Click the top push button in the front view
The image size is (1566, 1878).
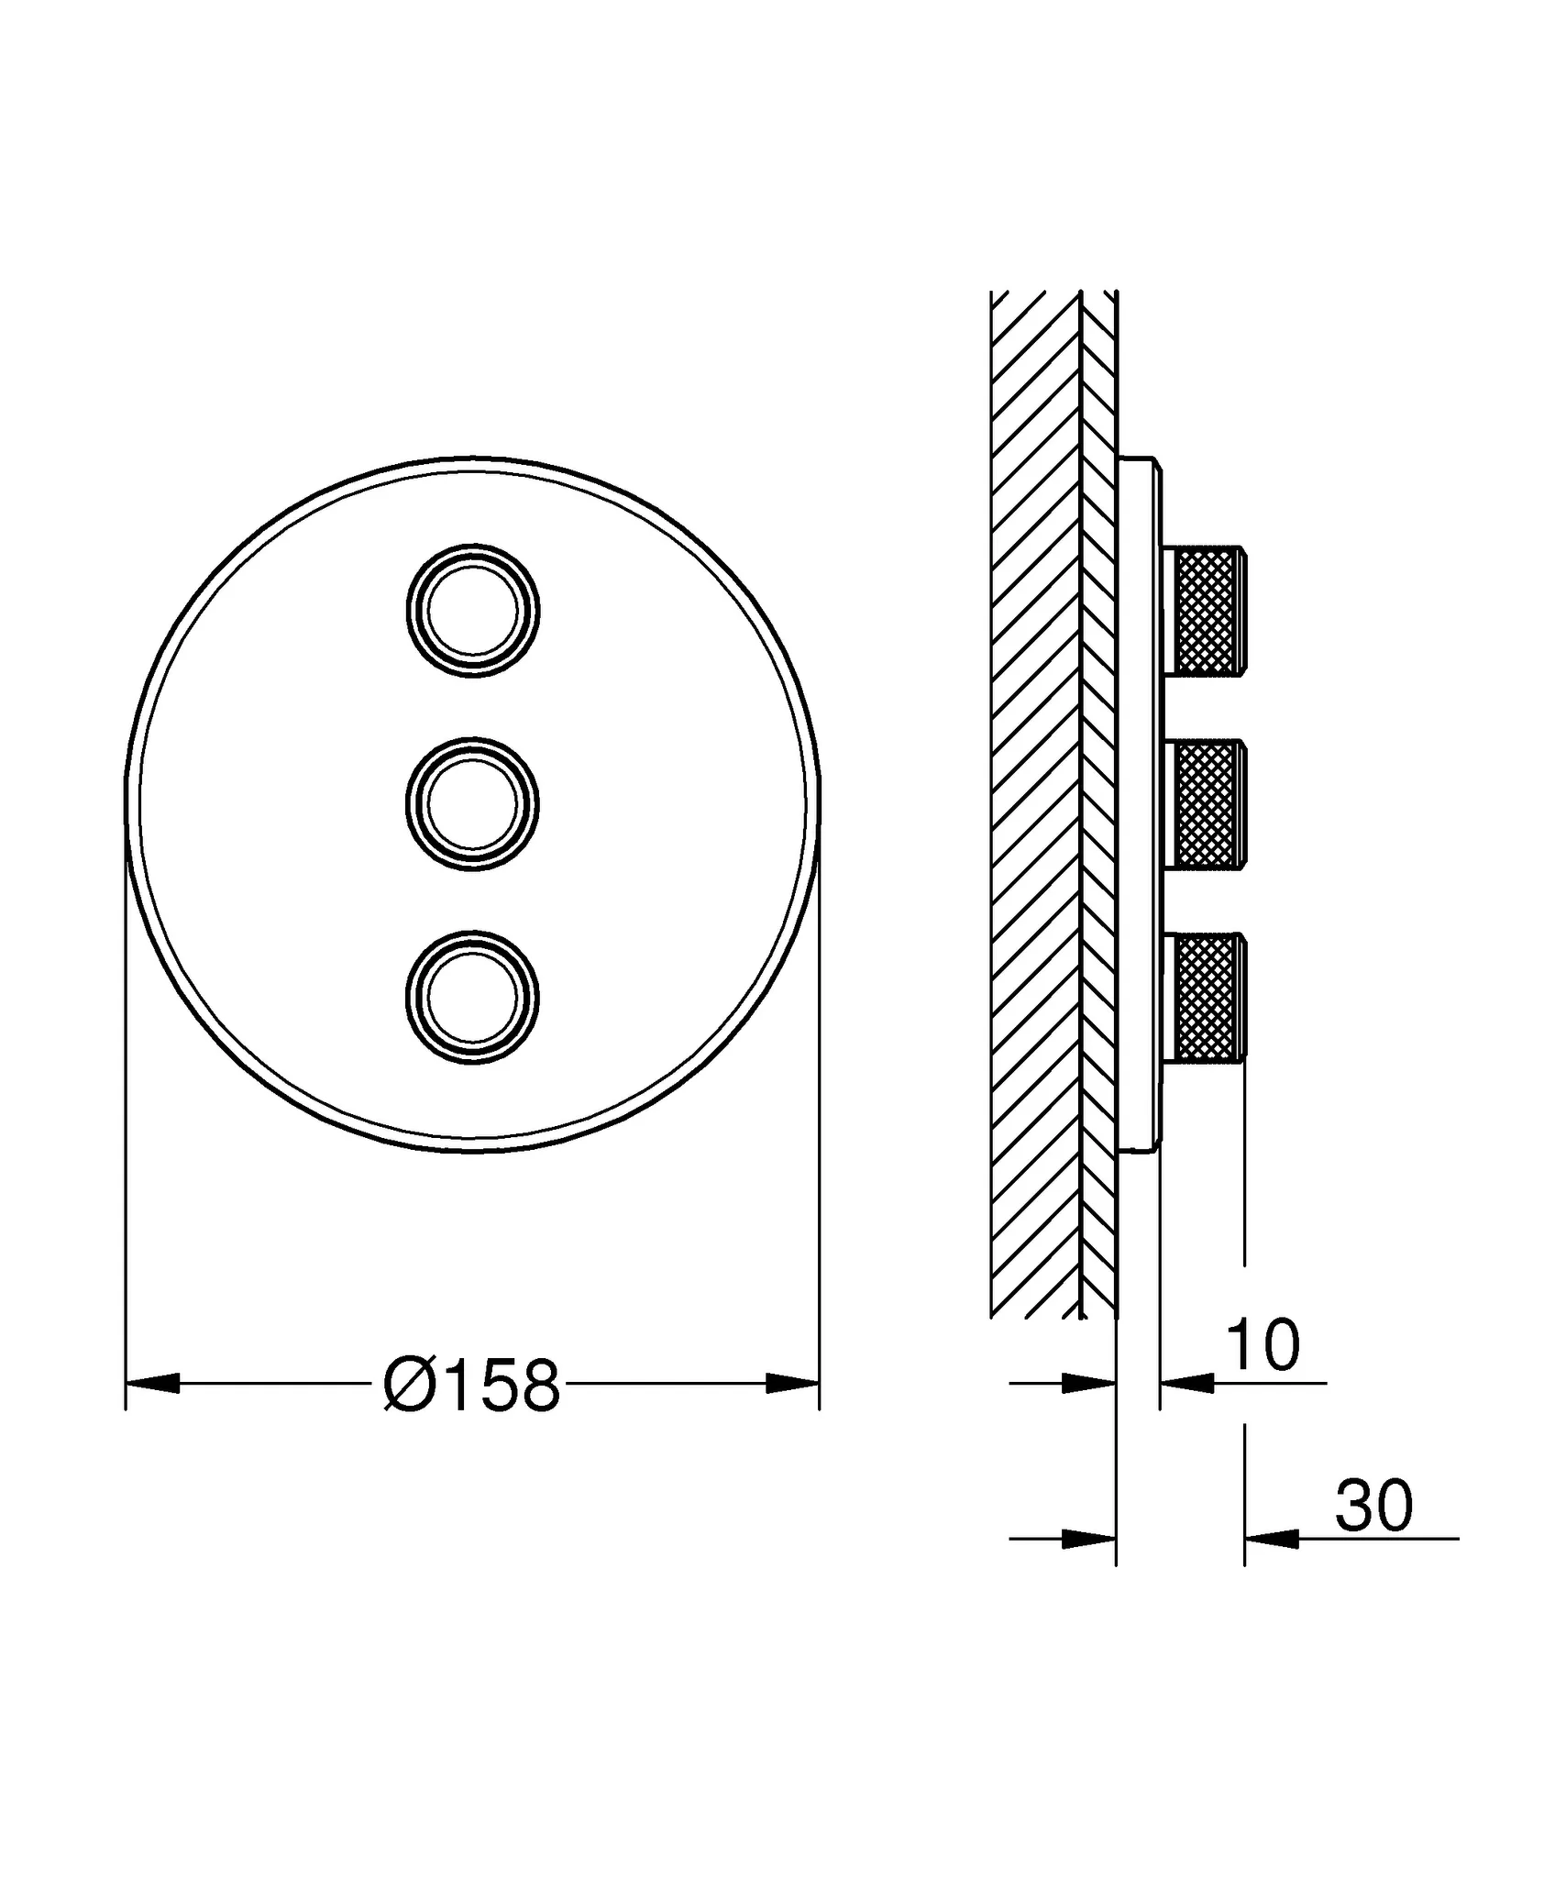pyautogui.click(x=473, y=611)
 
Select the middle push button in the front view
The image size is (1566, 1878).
pyautogui.click(x=473, y=804)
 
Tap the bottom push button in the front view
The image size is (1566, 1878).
pyautogui.click(x=473, y=999)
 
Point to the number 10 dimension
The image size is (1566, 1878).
pyautogui.click(x=1263, y=1346)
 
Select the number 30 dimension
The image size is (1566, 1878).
pyautogui.click(x=1373, y=1506)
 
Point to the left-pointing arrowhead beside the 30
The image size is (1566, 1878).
pyautogui.click(x=1272, y=1539)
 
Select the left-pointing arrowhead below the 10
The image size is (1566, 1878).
pyautogui.click(x=1187, y=1383)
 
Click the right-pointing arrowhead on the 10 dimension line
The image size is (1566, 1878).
pyautogui.click(x=1089, y=1383)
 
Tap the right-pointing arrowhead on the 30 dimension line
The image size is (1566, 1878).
pyautogui.click(x=1089, y=1539)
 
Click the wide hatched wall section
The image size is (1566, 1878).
pyautogui.click(x=1035, y=807)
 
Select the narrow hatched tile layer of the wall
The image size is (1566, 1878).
pyautogui.click(x=1099, y=807)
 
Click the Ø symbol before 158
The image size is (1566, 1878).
pyautogui.click(x=404, y=1386)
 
